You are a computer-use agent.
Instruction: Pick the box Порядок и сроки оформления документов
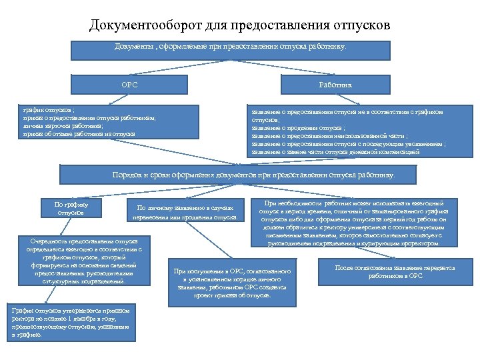click(253, 175)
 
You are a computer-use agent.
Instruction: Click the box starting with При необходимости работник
click(353, 223)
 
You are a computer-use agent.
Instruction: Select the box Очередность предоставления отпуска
click(84, 261)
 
